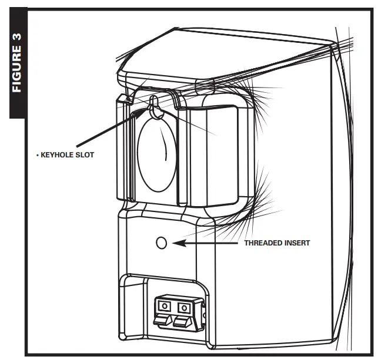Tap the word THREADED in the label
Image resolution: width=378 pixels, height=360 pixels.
(263, 243)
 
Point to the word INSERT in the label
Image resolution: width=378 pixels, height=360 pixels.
(296, 243)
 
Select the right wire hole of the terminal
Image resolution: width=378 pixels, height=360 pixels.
(184, 306)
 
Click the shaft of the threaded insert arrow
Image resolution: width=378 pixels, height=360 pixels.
(209, 242)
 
